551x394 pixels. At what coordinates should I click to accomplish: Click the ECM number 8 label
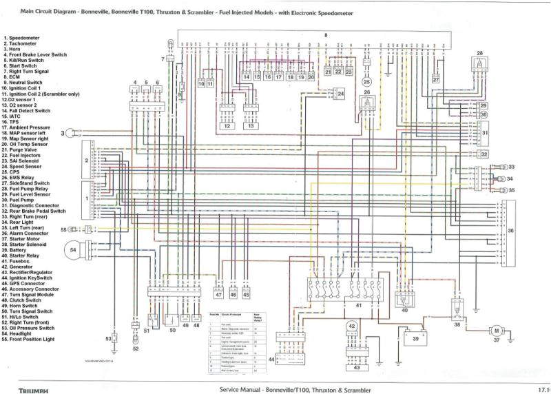326,34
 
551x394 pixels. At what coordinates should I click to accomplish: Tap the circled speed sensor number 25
366,81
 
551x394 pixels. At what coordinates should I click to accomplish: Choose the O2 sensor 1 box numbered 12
227,126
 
